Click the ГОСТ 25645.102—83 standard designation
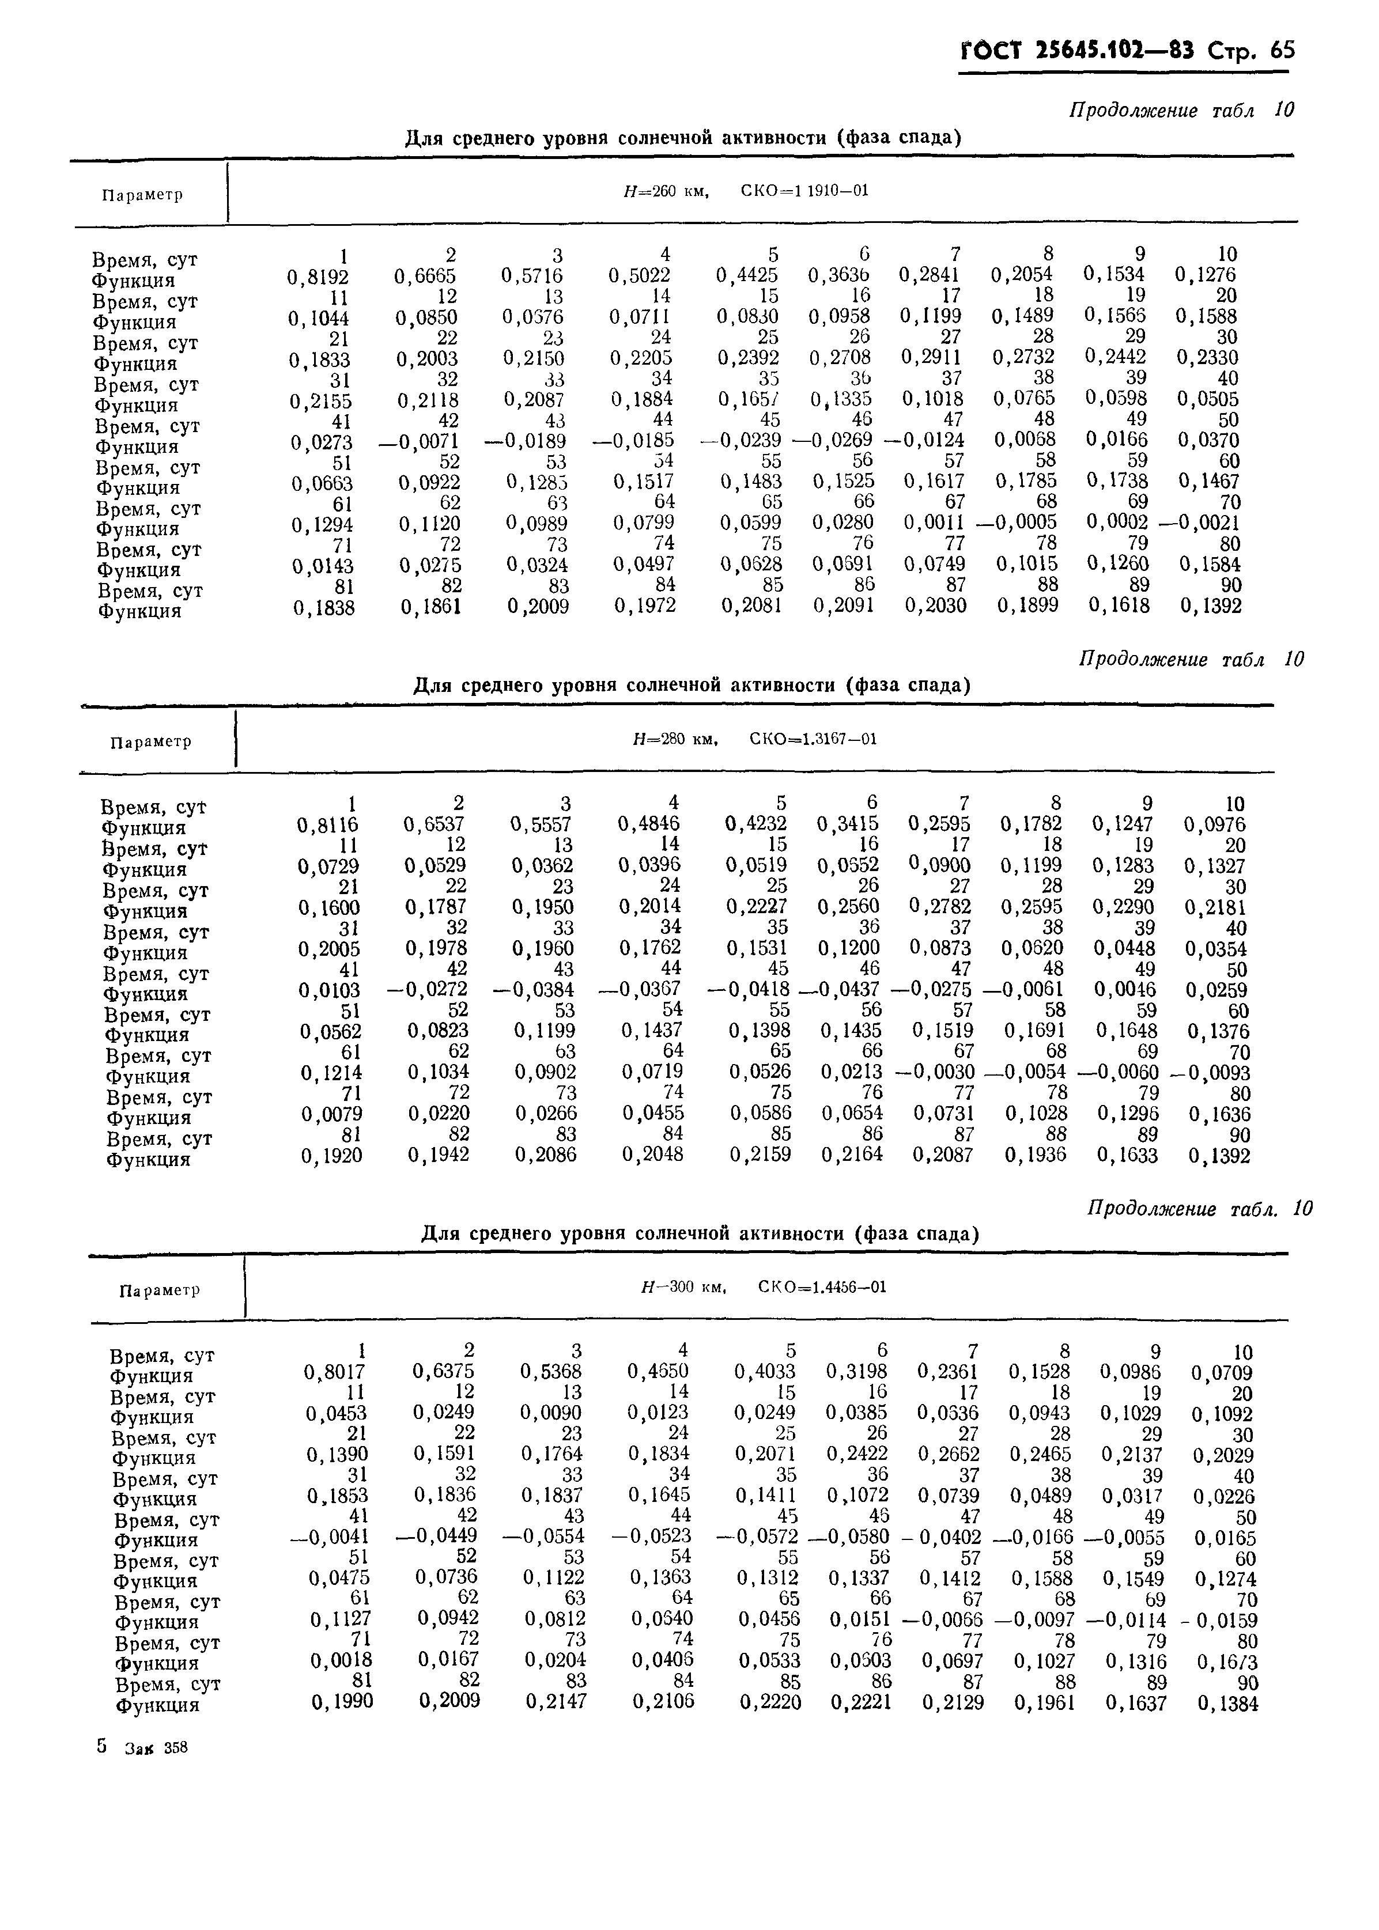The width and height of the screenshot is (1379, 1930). pyautogui.click(x=1076, y=51)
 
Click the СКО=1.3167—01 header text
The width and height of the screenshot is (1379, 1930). pyautogui.click(x=813, y=739)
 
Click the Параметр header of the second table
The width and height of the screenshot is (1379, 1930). pyautogui.click(x=150, y=742)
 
